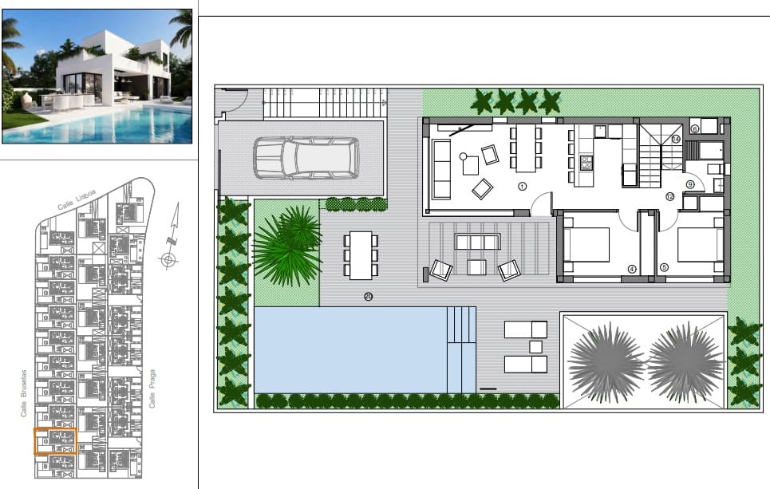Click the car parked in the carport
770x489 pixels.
[306, 158]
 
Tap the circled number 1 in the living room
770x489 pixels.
[523, 186]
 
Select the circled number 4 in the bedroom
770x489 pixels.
[631, 269]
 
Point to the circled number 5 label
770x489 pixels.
[664, 269]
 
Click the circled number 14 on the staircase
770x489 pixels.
[675, 139]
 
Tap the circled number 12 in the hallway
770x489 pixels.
[669, 196]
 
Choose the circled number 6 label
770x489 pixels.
[694, 128]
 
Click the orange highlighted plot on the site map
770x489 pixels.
[55, 441]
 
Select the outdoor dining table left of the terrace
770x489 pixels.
[361, 254]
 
